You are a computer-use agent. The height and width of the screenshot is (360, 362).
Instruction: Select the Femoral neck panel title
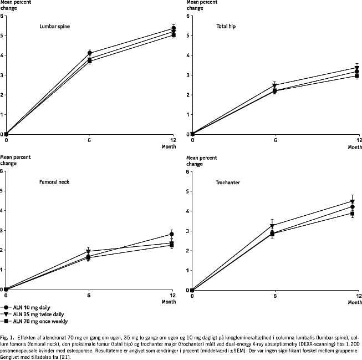pos(54,182)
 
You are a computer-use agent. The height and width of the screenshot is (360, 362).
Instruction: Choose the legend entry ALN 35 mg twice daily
pos(37,314)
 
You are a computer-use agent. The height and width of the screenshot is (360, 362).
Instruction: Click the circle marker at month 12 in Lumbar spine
pos(174,28)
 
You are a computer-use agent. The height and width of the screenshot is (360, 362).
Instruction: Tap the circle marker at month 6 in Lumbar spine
pos(90,53)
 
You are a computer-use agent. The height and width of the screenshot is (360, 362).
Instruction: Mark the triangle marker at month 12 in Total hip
pos(357,68)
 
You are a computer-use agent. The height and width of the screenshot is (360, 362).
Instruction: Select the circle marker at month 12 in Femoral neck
pos(172,234)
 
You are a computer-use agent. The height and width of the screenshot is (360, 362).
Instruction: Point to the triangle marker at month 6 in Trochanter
pos(272,226)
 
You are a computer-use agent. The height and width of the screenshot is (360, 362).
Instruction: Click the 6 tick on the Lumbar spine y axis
pos(2,16)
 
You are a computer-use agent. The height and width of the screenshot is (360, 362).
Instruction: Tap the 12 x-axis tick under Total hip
pos(359,140)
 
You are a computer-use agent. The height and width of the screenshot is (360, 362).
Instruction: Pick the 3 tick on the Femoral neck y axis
pos(2,230)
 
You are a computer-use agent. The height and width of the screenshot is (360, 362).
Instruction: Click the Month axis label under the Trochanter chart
pos(355,302)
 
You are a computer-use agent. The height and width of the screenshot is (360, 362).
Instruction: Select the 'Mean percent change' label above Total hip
pos(202,6)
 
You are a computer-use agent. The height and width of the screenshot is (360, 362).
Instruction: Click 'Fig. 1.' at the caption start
pos(7,337)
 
